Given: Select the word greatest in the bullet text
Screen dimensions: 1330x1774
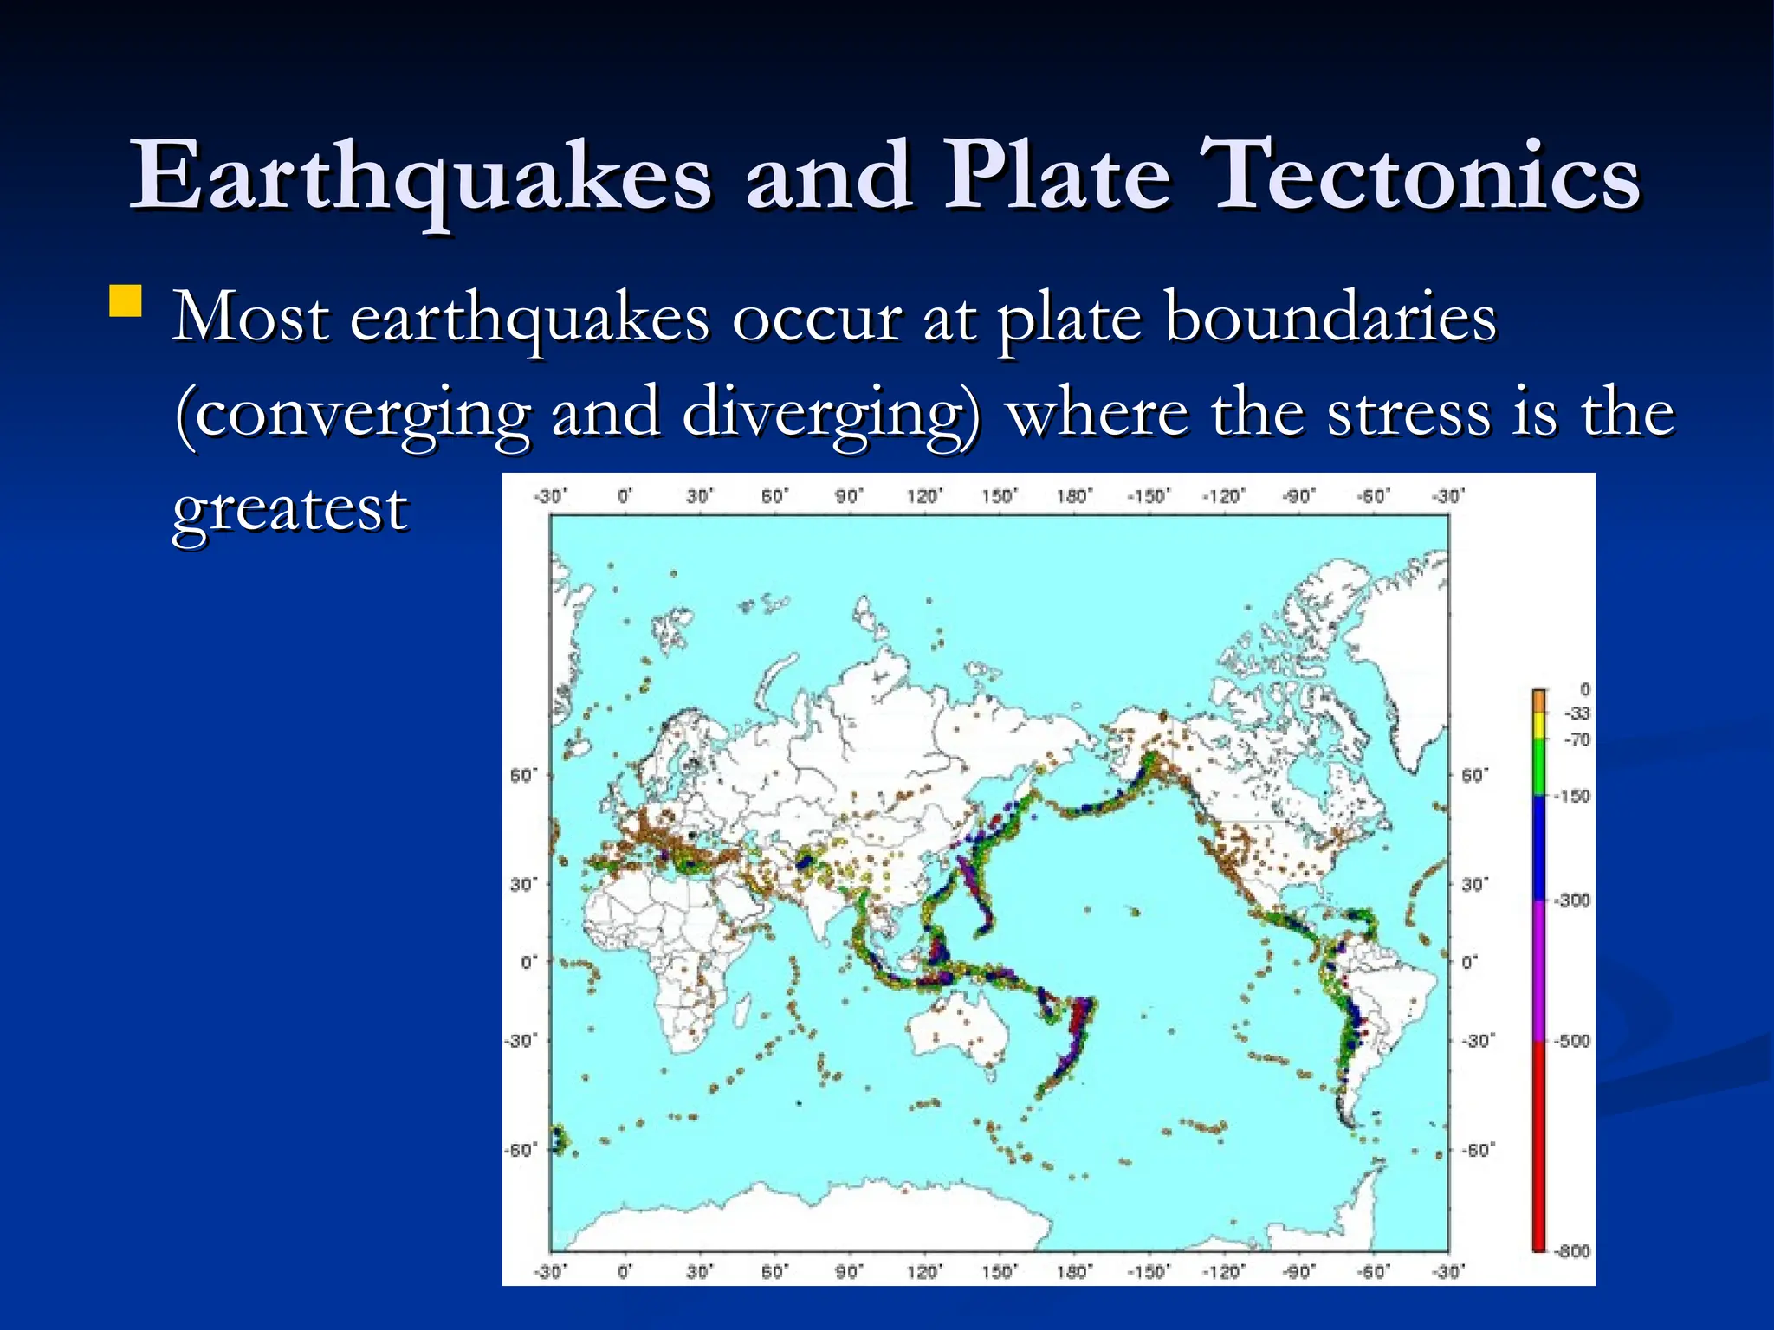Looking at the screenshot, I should click(x=289, y=509).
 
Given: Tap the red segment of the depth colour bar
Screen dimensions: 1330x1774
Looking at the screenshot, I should click(x=1539, y=1143).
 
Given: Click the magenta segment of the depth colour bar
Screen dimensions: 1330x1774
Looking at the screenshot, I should click(x=1539, y=970).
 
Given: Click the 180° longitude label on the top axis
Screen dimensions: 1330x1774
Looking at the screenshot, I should click(x=1074, y=496).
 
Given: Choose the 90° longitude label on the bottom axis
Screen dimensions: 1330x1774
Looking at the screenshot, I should click(x=849, y=1271).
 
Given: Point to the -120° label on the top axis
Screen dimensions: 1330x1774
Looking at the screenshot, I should click(x=1223, y=496).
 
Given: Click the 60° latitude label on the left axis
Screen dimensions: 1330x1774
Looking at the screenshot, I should click(x=523, y=775).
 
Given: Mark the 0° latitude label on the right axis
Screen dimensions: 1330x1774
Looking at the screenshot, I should click(x=1470, y=962).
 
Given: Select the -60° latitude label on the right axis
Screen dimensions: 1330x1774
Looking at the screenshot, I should click(x=1477, y=1150).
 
